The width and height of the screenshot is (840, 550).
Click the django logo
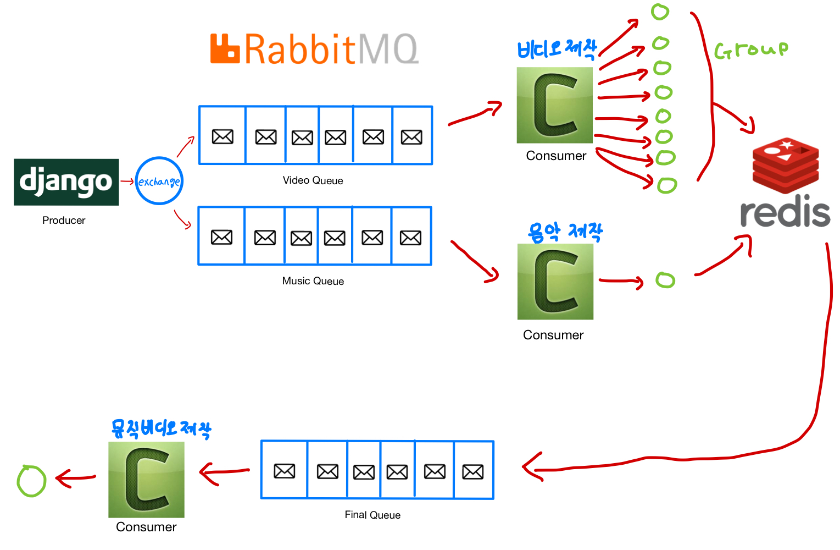click(66, 182)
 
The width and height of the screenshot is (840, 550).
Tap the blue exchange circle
click(159, 181)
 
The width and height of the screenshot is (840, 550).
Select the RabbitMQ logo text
click(314, 49)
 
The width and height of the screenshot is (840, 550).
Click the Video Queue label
click(313, 180)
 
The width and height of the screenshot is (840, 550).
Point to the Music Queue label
click(313, 281)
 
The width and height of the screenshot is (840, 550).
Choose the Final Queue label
click(372, 515)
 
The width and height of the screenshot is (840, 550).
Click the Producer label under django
click(64, 221)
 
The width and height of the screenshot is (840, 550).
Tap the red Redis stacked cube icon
click(786, 165)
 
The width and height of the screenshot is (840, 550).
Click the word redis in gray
click(785, 212)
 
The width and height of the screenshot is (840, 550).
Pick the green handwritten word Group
click(751, 50)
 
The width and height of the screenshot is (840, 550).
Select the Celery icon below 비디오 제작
click(555, 105)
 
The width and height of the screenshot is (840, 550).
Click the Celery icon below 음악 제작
click(555, 282)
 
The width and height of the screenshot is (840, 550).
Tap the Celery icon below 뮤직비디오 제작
click(146, 480)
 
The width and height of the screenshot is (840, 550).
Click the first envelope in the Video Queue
click(222, 136)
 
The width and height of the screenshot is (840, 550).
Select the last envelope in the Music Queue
click(410, 238)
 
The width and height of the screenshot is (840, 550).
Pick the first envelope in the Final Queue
click(285, 471)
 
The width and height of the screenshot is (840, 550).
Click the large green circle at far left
click(31, 481)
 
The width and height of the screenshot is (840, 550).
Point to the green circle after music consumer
click(665, 280)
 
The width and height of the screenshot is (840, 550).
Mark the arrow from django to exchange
click(127, 181)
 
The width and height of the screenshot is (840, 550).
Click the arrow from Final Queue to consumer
click(224, 471)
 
